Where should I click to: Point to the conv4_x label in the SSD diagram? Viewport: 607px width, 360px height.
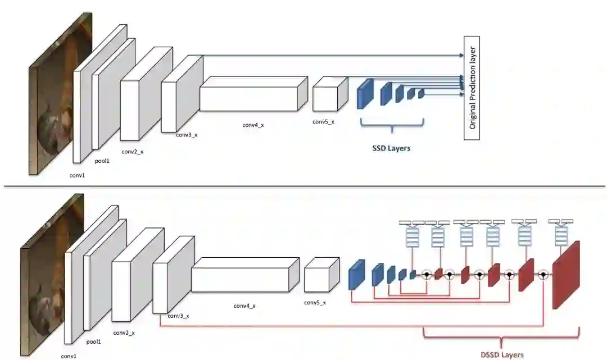pos(253,125)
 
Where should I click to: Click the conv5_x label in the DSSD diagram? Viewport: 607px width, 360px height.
pos(315,303)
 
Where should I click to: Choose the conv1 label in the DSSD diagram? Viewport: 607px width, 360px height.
pos(69,356)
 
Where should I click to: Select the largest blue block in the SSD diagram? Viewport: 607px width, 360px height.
pos(365,93)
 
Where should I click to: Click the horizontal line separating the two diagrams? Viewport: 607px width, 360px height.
pos(303,185)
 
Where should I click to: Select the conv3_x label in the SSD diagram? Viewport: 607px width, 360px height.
pos(187,135)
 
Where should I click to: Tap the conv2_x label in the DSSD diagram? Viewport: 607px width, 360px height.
pos(124,332)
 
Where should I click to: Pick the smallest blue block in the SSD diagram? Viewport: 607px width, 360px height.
pos(421,93)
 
